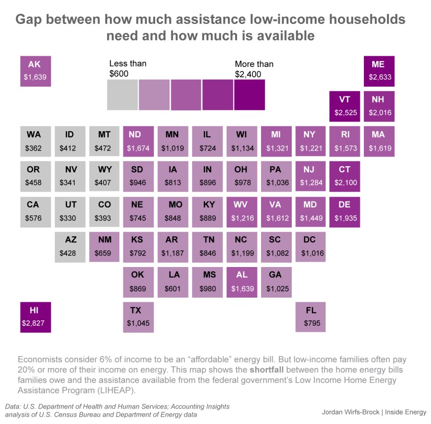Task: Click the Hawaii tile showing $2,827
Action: click(x=36, y=317)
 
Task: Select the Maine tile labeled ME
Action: click(x=379, y=71)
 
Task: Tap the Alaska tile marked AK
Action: click(x=36, y=71)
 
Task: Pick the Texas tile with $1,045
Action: click(x=139, y=317)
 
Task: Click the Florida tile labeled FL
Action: click(x=311, y=317)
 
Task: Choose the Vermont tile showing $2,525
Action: click(x=345, y=106)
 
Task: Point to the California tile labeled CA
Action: click(x=36, y=212)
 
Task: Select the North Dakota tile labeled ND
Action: click(x=139, y=141)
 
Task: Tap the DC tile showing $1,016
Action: click(x=311, y=247)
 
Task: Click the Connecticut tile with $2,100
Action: click(x=345, y=177)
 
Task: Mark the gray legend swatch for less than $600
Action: click(x=122, y=95)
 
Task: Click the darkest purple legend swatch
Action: click(x=249, y=95)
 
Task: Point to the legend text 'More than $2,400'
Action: click(x=254, y=69)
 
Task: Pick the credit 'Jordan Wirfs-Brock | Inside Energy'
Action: click(x=374, y=411)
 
